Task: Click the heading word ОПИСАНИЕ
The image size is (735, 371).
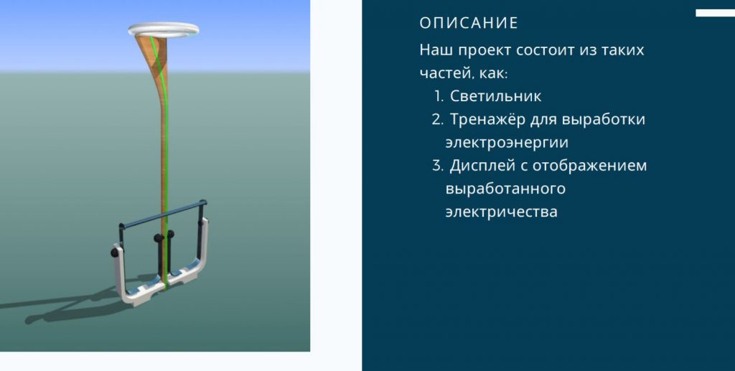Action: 469,23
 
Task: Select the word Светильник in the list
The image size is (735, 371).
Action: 495,96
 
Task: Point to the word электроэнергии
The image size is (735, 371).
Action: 507,142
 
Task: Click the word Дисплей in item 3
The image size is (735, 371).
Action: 482,165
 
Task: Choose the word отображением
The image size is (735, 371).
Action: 590,166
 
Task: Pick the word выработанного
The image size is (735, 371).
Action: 505,189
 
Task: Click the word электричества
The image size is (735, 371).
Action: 501,212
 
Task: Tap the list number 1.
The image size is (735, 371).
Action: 439,96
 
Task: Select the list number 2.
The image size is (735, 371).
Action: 437,119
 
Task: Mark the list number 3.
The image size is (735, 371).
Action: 437,166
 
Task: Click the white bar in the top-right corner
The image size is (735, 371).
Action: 716,13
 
